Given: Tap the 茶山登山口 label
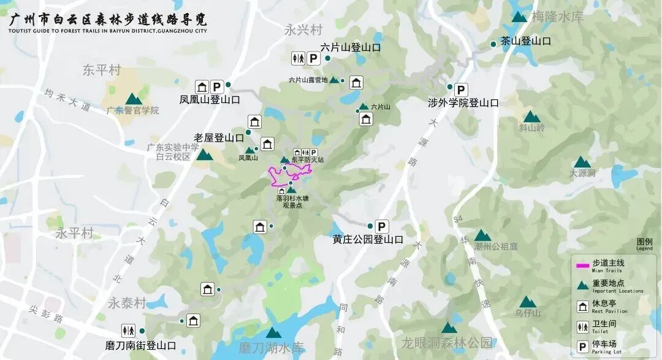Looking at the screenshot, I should tap(525, 41).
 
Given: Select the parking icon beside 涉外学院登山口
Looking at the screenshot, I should tap(461, 89).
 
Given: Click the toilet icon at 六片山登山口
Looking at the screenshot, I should tap(297, 58).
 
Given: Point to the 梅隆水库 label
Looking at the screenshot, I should tap(557, 17).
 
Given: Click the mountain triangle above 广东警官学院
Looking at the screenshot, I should tap(133, 99).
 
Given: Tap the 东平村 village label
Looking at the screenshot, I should tap(102, 70).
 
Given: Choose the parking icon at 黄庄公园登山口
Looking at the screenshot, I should tap(381, 226).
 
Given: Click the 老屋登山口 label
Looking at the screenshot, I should tap(219, 137).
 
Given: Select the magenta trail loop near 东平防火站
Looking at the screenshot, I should tap(288, 175).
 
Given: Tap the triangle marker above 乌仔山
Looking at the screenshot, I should tap(527, 302).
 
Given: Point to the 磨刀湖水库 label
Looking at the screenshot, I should tap(272, 348).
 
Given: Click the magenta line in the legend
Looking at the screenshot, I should tap(583, 266).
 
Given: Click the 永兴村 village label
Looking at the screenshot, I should tap(303, 29).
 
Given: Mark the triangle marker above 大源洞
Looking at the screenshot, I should tap(582, 163).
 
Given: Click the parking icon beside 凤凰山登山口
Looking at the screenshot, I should tap(216, 86).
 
